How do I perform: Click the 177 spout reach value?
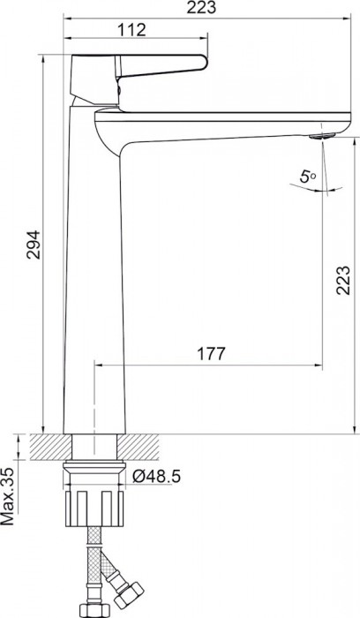click(208, 352)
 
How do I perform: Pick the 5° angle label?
click(307, 177)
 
